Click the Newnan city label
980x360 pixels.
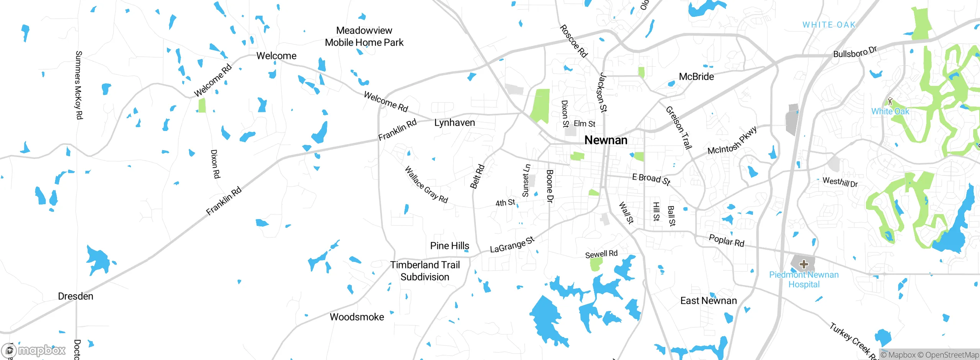(x=606, y=140)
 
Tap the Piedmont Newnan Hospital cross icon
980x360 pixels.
(x=804, y=264)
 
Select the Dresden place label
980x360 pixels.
(x=75, y=296)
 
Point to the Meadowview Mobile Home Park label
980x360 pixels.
(x=364, y=36)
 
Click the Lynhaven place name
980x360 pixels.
(x=454, y=123)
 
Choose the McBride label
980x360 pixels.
(x=696, y=77)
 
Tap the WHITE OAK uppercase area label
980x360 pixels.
(x=829, y=25)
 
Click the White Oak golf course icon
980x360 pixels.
(x=890, y=101)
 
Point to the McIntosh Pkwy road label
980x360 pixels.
(x=732, y=141)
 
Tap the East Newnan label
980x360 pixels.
(x=708, y=301)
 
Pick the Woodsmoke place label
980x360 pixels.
(x=357, y=317)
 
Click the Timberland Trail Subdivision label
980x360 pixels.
(x=425, y=271)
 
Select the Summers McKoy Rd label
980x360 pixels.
(x=78, y=85)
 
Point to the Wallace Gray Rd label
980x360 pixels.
(x=426, y=185)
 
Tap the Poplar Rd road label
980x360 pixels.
(x=726, y=241)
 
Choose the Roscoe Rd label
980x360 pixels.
(x=573, y=41)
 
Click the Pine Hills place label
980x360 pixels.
(x=449, y=245)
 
